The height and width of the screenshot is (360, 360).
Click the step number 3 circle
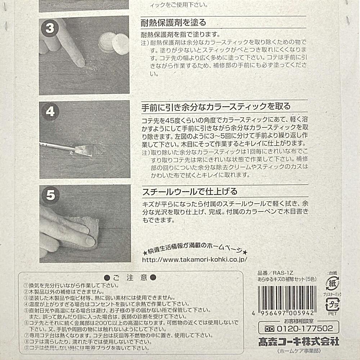point(50,28)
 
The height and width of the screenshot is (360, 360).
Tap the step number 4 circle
point(50,112)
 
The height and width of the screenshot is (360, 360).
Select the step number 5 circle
point(51,195)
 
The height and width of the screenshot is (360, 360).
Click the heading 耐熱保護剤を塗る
point(174,22)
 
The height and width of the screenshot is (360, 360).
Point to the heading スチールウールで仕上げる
point(190,192)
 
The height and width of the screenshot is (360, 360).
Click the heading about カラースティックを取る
point(216,107)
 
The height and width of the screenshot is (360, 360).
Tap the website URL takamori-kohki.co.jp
point(194,260)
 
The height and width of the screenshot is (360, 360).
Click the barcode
point(287,298)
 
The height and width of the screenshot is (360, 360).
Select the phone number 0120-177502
point(305,328)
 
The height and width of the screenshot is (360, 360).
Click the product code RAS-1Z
point(283,273)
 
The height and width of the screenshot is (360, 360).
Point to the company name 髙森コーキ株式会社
point(299,342)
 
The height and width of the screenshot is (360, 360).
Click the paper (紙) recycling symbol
point(332,283)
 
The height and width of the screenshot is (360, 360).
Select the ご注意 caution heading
point(130,278)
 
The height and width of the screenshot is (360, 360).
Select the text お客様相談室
point(299,321)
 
